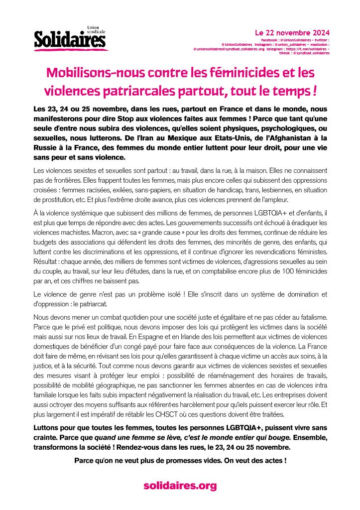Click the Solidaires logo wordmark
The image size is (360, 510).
(x=70, y=40)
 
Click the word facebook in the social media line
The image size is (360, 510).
(x=269, y=39)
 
